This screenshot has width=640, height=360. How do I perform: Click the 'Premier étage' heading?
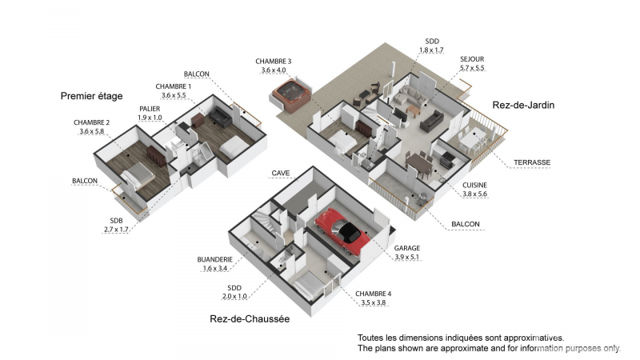(92, 96)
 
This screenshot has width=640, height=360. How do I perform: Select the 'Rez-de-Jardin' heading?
(524, 105)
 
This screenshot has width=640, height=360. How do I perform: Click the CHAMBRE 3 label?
(274, 62)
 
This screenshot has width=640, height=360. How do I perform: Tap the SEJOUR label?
(472, 58)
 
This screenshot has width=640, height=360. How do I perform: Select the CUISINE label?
(474, 185)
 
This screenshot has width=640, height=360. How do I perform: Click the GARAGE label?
(407, 249)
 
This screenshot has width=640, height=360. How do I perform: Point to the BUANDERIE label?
(214, 259)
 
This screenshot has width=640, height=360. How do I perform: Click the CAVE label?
(280, 173)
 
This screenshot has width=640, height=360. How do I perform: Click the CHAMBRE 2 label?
(92, 122)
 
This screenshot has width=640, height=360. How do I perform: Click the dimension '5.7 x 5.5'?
(472, 68)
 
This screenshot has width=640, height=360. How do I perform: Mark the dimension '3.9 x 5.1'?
(407, 258)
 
